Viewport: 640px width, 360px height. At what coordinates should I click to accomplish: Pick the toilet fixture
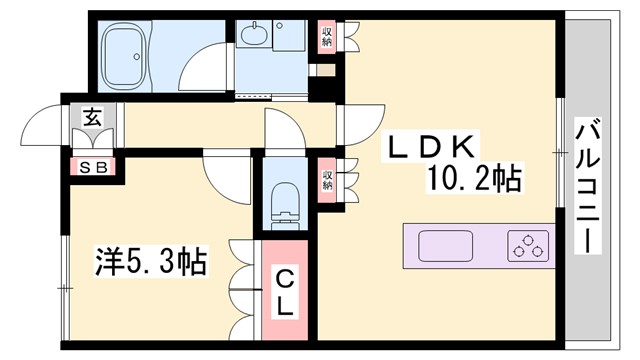coord(285,200)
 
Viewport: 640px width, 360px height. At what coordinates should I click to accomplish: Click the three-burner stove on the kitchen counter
coord(528,244)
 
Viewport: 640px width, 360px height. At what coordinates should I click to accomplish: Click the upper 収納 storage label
coord(327,37)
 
